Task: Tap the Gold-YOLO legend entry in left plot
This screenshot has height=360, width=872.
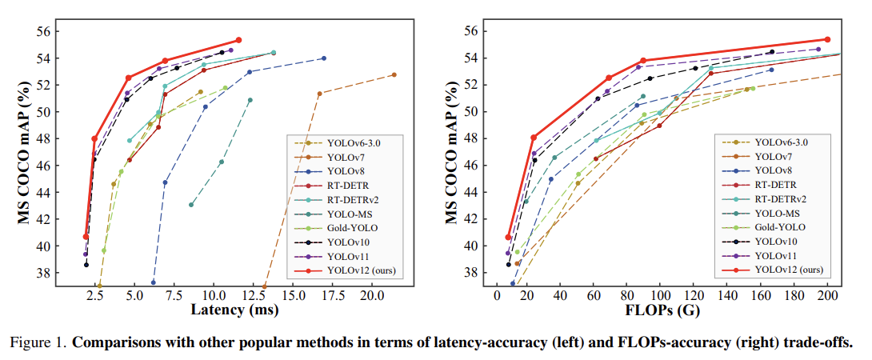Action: (352, 228)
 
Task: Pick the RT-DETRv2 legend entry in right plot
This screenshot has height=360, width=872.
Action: (780, 198)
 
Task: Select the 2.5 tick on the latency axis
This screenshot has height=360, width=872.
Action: (95, 295)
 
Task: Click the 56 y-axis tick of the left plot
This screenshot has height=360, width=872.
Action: (42, 31)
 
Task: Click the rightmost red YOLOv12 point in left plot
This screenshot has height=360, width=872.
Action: (238, 40)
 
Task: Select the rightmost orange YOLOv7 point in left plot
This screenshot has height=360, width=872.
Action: (394, 74)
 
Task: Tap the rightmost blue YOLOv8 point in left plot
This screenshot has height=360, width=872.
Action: (324, 58)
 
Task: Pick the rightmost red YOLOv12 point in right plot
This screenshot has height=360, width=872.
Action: (827, 39)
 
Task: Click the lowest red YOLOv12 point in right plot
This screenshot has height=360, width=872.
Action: (508, 237)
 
